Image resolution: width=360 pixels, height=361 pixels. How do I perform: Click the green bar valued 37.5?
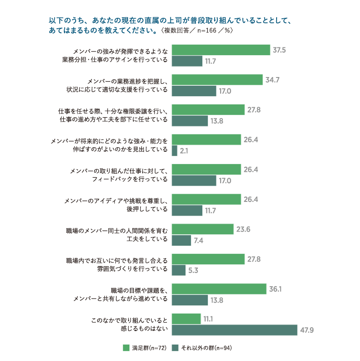point(221,50)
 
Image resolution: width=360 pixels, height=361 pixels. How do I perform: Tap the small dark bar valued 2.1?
point(174,150)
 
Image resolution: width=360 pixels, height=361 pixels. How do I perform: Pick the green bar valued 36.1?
point(219,289)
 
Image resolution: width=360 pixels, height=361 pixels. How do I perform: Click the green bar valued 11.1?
point(186,319)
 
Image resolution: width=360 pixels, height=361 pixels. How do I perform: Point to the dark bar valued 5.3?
point(178,270)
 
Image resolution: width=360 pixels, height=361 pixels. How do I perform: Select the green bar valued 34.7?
point(217,80)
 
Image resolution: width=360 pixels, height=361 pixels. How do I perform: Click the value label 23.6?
point(243,229)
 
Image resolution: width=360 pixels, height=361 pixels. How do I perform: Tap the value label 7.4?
point(198,240)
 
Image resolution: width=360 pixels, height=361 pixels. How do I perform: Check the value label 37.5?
point(279,50)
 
